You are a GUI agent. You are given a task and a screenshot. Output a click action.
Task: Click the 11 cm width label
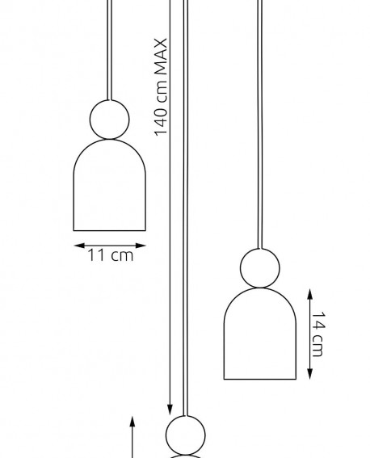click(x=111, y=255)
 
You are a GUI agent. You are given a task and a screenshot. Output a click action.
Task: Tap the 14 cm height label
click(x=318, y=334)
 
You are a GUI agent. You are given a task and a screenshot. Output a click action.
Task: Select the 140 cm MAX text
click(x=161, y=87)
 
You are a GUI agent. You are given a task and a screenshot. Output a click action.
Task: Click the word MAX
click(x=161, y=57)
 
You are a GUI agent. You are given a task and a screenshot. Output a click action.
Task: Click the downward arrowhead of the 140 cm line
click(x=170, y=410)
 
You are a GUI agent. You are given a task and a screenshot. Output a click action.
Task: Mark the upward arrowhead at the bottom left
click(x=132, y=422)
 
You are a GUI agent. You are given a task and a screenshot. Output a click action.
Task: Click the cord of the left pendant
click(x=110, y=50)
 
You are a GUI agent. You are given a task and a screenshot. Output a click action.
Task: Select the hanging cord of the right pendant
click(x=259, y=124)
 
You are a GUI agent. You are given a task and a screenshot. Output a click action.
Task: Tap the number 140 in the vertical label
click(x=161, y=122)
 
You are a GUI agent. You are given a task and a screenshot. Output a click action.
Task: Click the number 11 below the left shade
click(x=96, y=255)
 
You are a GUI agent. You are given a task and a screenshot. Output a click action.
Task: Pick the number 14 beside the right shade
click(x=318, y=321)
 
